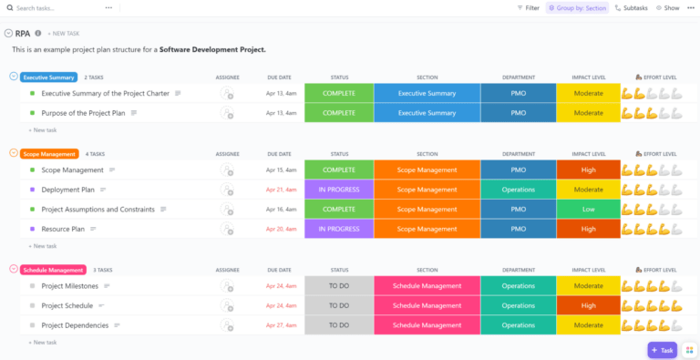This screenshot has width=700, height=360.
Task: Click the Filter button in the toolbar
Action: click(x=528, y=7)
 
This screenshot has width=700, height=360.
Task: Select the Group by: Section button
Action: click(x=576, y=7)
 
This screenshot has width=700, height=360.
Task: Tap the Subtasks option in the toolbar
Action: click(x=631, y=7)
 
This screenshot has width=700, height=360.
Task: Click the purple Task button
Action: click(x=663, y=350)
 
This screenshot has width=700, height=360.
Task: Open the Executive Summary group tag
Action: click(x=49, y=77)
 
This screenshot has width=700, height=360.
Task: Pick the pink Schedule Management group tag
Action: click(x=53, y=270)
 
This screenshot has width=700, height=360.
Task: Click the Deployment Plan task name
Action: click(x=67, y=190)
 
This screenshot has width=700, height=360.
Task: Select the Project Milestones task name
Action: click(x=70, y=285)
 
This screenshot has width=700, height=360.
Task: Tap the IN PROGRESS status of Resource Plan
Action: click(x=338, y=229)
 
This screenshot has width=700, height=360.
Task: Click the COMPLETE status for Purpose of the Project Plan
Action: click(x=338, y=113)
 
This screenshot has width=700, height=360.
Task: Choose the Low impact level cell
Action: click(x=588, y=210)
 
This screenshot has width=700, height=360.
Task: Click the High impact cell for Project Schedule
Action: click(x=588, y=305)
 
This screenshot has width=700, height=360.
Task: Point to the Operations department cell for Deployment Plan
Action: click(x=518, y=190)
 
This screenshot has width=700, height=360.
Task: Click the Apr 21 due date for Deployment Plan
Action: click(x=280, y=190)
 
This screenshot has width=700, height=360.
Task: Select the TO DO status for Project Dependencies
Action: click(x=338, y=325)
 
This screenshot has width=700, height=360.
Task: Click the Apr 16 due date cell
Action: click(x=280, y=210)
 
